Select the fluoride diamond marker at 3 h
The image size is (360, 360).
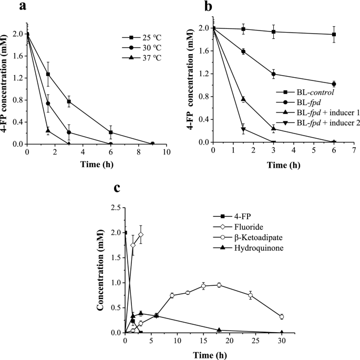[x=141, y=234]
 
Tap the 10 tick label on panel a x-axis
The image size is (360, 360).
[x=167, y=152]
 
